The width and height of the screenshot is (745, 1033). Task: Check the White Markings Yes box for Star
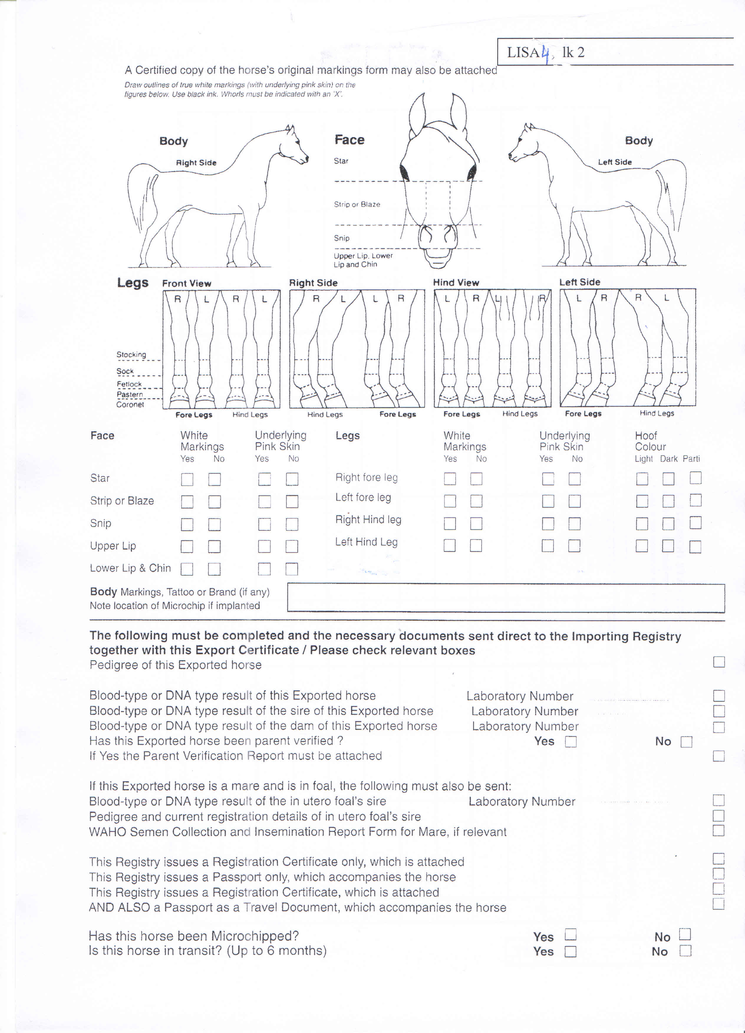point(187,479)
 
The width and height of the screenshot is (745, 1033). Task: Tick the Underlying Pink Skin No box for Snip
point(292,524)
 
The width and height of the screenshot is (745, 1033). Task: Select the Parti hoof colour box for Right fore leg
point(695,478)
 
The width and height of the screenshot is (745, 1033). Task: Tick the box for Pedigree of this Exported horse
point(718,662)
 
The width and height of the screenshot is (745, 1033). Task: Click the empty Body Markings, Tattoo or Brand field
point(505,598)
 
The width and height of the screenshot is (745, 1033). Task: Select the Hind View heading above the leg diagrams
point(456,282)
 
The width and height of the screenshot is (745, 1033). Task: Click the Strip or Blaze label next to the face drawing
point(357,205)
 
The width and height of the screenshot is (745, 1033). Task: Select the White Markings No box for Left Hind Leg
point(476,545)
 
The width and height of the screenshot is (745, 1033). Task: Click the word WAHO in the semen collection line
point(108,832)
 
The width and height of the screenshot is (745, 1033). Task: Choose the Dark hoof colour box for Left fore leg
point(668,501)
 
